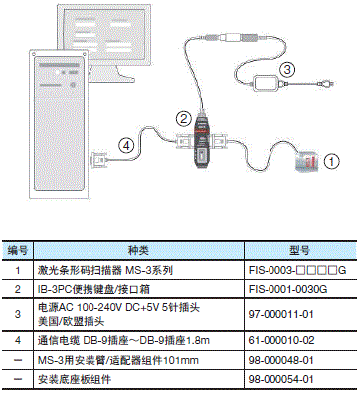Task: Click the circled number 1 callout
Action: click(333, 157)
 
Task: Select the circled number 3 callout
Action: click(285, 69)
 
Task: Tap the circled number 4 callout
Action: click(125, 145)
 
